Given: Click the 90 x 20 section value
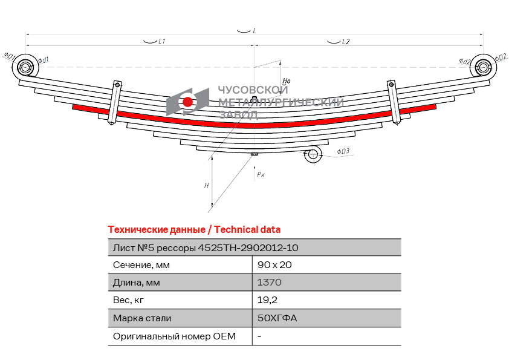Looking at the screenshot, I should pos(270,264).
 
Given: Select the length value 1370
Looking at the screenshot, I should pos(269,282).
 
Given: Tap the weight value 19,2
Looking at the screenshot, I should pos(267,299).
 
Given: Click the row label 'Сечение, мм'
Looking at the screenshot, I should pos(141,264).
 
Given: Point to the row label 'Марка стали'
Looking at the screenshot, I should pos(141,318).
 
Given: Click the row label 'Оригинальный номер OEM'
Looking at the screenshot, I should pos(174,336).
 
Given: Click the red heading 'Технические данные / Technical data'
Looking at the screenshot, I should pos(193,229).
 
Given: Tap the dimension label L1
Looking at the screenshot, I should pos(161,42).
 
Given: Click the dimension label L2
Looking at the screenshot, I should pos(346,42).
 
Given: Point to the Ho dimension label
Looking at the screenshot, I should pos(287,80).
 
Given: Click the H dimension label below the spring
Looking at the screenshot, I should pos(207,185).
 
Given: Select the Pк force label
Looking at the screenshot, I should pos(261,174).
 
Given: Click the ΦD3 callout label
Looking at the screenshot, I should pos(343,151).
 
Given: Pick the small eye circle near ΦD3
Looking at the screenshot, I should pos(313,155).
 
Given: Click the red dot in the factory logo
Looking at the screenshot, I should pos(187,102).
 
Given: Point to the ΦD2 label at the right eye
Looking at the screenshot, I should pos(501,57).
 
